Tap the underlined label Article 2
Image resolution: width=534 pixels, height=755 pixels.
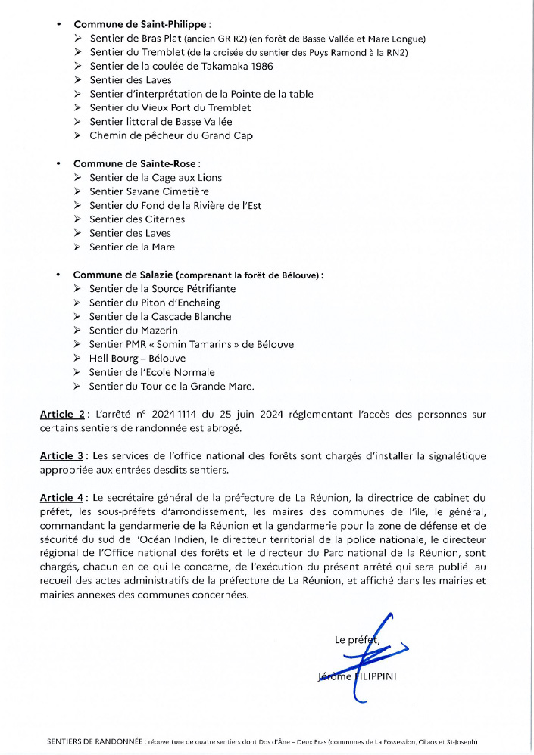tap(61, 414)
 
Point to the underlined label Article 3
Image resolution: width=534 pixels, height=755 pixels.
tap(61, 455)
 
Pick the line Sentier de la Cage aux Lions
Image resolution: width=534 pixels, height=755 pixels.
tap(155, 178)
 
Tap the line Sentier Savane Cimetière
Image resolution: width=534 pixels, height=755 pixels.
tap(148, 191)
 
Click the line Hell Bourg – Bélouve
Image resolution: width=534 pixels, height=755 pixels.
tap(137, 359)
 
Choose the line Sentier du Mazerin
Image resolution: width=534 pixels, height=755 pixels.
tap(133, 331)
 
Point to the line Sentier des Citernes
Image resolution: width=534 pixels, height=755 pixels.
tap(137, 219)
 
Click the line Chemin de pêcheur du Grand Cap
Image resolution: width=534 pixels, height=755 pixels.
tap(170, 135)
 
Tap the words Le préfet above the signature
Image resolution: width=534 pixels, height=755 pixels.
tap(356, 640)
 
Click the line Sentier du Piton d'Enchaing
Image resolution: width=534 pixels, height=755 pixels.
tap(155, 303)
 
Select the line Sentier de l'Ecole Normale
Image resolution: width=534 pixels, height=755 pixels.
tap(151, 372)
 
